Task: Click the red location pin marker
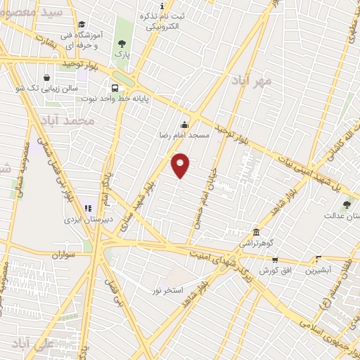coord(181,165)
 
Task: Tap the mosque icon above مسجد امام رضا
coord(185,124)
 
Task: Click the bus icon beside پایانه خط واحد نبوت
coord(114,89)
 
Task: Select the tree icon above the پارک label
coord(122,44)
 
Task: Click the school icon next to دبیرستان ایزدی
coord(89,208)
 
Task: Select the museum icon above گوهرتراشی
coord(256,233)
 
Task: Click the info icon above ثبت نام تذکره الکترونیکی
coord(162,6)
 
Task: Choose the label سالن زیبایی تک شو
coord(46,89)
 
